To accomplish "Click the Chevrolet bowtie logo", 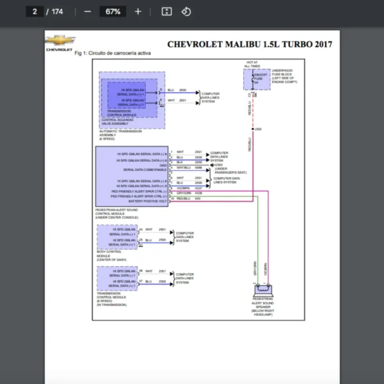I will click(60, 41).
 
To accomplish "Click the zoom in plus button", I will click(138, 12).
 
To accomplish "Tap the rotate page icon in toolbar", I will click(186, 12).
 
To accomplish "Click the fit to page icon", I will click(166, 12).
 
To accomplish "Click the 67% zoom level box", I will click(113, 12).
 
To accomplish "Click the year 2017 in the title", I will click(319, 44).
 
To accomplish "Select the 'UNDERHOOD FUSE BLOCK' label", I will click(284, 72).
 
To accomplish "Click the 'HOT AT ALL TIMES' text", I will click(252, 63).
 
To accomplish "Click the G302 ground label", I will click(219, 164).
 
